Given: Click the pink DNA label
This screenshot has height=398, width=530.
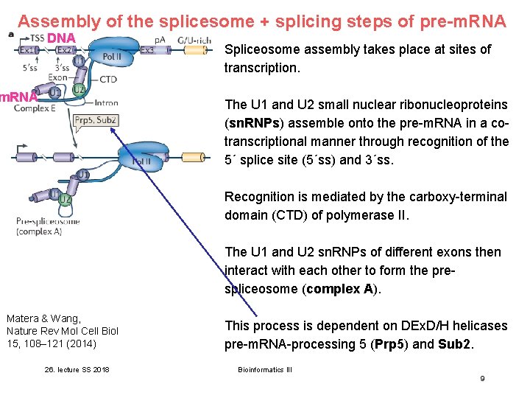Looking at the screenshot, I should click(62, 38).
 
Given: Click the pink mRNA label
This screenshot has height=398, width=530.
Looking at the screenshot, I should click(18, 97).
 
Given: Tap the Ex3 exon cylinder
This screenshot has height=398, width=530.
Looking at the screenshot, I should click(147, 50).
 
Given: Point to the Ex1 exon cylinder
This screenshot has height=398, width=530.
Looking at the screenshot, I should click(27, 50).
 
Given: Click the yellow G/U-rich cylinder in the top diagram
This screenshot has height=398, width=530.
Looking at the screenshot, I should click(205, 50).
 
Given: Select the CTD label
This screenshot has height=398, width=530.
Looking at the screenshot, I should click(107, 79).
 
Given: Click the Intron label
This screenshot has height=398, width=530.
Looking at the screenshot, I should click(106, 102).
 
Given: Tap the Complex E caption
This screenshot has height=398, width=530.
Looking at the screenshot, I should click(35, 109).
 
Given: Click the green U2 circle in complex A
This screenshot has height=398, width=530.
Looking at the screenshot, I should click(65, 199).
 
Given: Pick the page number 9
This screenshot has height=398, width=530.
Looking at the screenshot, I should click(482, 378).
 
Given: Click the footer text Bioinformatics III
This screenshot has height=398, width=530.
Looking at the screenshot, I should click(265, 369).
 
